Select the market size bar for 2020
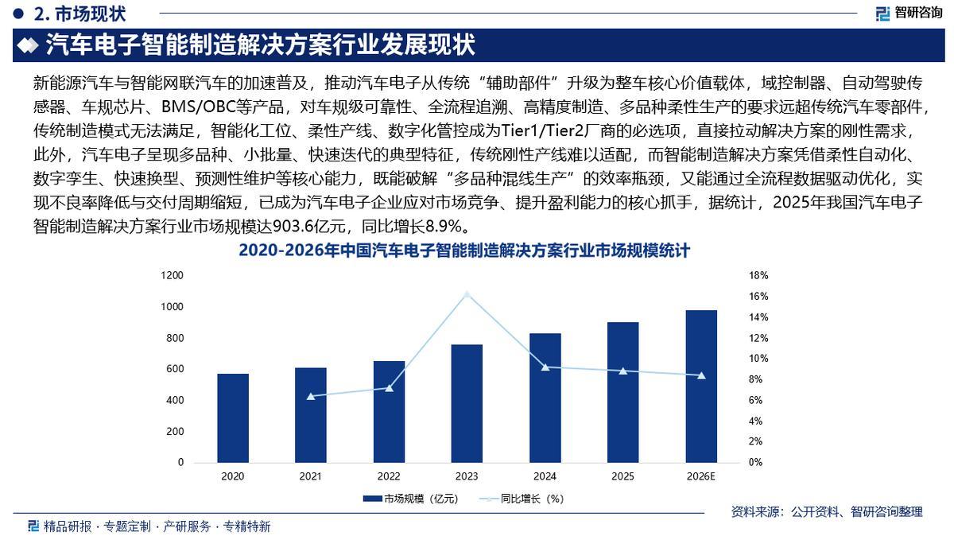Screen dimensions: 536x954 pyautogui.click(x=233, y=418)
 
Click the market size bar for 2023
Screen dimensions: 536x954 pyautogui.click(x=467, y=403)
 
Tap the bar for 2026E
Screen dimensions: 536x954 pyautogui.click(x=701, y=386)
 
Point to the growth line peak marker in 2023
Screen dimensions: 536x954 pyautogui.click(x=467, y=294)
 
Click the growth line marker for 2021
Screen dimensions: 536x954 pyautogui.click(x=311, y=396)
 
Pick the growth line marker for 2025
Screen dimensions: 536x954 pyautogui.click(x=623, y=371)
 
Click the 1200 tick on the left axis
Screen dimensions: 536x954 pyautogui.click(x=173, y=275)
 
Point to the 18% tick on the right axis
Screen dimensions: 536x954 pyautogui.click(x=758, y=275)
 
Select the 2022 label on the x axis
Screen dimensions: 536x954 pyautogui.click(x=389, y=477)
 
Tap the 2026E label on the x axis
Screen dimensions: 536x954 pyautogui.click(x=701, y=477)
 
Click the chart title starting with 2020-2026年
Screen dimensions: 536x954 pyautogui.click(x=464, y=251)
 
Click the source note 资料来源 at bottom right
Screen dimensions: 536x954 pyautogui.click(x=827, y=512)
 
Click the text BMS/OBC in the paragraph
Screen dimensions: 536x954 pyautogui.click(x=196, y=105)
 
